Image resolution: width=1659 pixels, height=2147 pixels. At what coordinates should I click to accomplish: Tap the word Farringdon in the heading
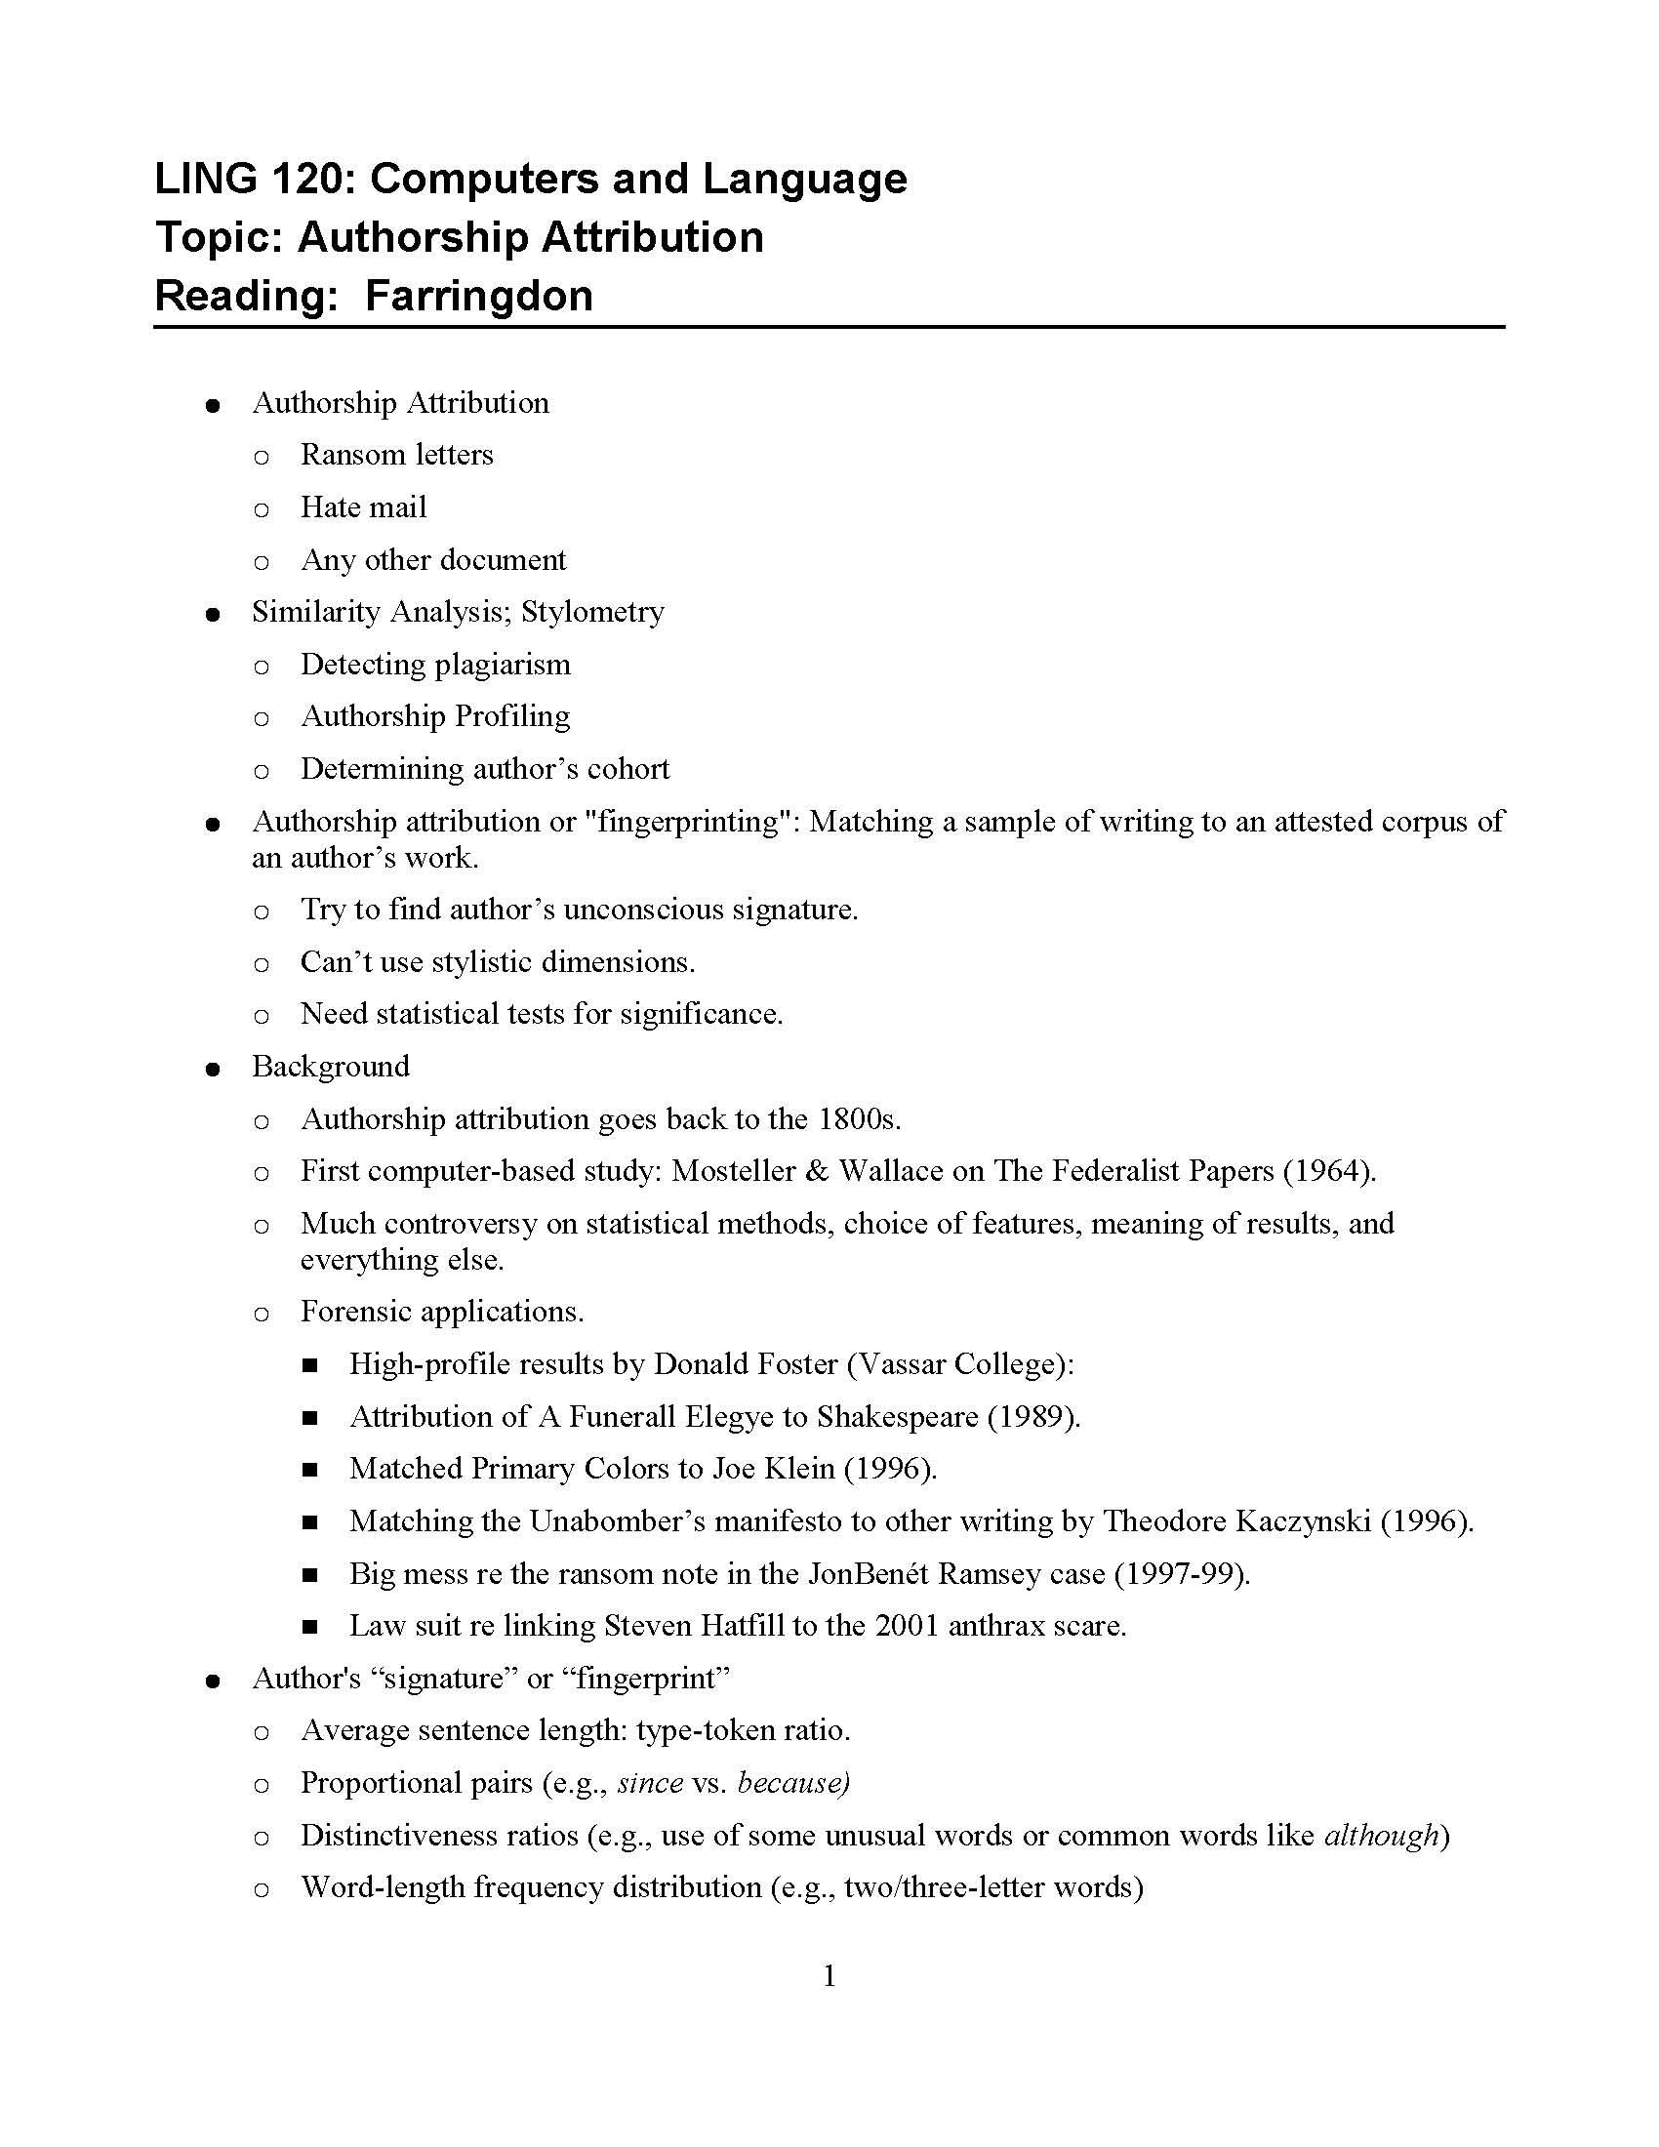478,296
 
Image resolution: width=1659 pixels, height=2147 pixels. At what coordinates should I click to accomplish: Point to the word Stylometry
592,612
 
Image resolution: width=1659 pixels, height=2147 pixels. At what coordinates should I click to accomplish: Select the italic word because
792,1783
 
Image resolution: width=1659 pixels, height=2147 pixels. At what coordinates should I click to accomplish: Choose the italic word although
1381,1836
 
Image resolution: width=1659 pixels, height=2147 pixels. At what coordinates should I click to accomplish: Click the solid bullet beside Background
213,1069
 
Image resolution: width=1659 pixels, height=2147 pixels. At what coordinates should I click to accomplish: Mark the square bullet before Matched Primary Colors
310,1470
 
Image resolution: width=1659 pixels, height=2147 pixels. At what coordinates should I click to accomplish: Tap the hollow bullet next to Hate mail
262,508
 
